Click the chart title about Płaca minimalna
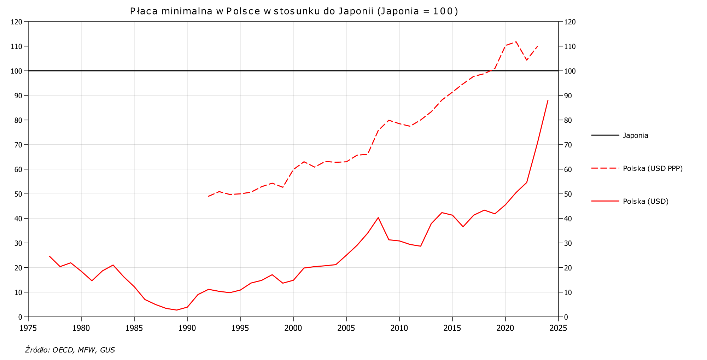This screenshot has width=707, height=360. click(294, 11)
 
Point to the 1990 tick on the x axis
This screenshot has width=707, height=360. click(187, 327)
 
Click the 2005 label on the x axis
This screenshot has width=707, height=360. click(346, 327)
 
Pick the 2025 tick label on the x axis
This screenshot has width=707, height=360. click(558, 327)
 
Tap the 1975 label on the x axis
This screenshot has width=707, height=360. click(28, 327)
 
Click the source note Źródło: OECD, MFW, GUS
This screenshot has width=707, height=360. click(70, 350)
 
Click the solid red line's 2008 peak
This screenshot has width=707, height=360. click(378, 217)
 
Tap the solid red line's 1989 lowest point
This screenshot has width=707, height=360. click(177, 310)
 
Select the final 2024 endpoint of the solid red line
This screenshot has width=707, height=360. click(548, 100)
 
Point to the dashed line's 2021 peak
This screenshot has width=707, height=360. click(516, 42)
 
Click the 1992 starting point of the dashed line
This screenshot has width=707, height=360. click(209, 196)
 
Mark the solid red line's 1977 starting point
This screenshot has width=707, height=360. click(49, 256)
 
